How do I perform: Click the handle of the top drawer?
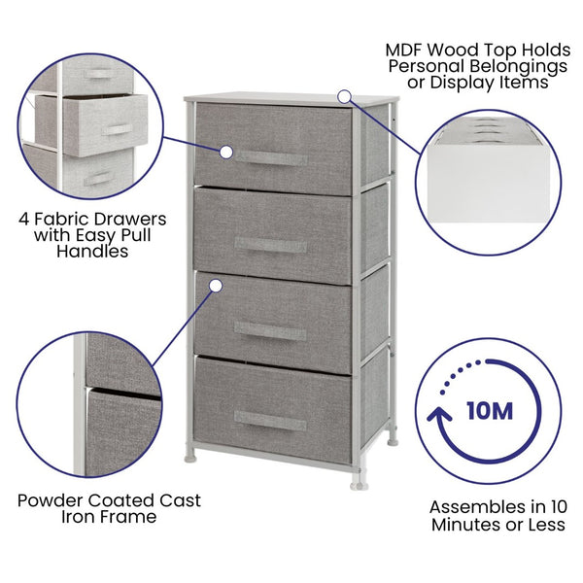[x=273, y=157]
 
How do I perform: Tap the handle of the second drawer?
[x=272, y=245]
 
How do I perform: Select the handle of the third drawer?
[x=271, y=331]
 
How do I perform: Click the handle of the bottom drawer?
[x=270, y=420]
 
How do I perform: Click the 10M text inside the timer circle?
[x=488, y=411]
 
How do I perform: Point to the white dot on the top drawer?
[x=225, y=153]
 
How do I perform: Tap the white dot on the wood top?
[x=343, y=96]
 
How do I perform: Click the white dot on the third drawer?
[x=216, y=285]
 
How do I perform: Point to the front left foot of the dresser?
[x=194, y=450]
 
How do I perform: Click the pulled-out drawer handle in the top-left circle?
[x=118, y=130]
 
